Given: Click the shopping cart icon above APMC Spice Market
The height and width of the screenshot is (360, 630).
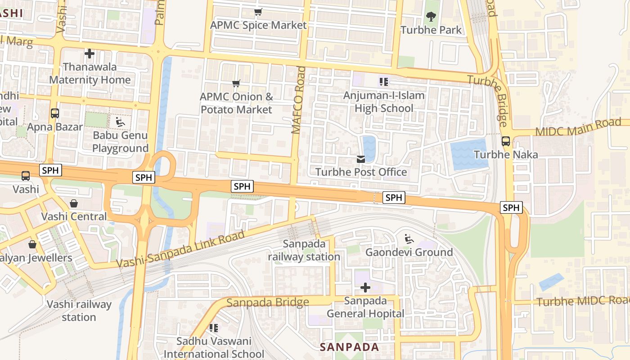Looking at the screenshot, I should point(258,12).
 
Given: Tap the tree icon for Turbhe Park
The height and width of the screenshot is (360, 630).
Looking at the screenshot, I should point(431,17).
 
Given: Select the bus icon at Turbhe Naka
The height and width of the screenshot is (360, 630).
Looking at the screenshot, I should point(506,141).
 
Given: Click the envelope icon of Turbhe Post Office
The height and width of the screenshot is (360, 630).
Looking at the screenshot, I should point(361,159).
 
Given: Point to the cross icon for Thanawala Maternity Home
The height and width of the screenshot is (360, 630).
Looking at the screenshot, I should point(90,54).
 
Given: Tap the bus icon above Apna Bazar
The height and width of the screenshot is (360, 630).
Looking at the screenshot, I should point(55,113).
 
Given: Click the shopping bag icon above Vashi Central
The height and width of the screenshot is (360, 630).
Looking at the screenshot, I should point(74,203).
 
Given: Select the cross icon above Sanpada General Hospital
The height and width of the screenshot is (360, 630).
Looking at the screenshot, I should point(365,287).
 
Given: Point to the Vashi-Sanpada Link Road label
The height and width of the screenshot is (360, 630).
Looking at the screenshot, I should point(180,249).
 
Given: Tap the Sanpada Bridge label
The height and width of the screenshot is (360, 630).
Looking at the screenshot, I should point(268,302).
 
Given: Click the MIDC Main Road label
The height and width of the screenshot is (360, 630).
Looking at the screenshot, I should point(578,127).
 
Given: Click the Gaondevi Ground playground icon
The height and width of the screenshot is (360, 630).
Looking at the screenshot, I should point(409,239).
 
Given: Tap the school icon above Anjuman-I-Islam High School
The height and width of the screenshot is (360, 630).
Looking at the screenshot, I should point(383,82).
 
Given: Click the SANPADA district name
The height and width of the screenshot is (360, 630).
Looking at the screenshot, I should point(350,347).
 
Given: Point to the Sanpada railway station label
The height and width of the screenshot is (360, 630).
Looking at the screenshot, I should point(304,250).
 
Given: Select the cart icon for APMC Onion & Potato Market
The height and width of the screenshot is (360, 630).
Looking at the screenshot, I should point(236,83).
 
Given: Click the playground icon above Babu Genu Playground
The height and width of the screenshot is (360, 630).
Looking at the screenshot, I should point(120,122).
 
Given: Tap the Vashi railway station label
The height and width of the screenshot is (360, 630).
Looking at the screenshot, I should point(79,310).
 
